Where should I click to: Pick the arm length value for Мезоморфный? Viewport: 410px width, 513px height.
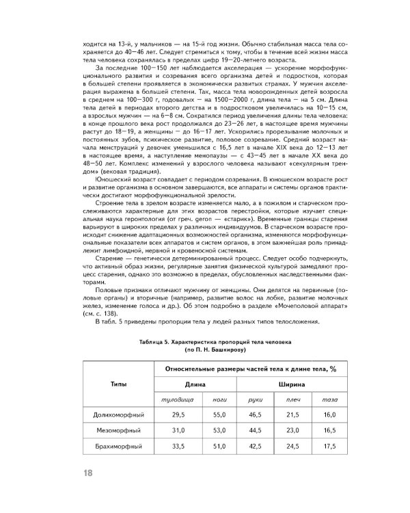click(x=256, y=431)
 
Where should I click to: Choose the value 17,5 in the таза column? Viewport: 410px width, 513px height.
click(x=329, y=447)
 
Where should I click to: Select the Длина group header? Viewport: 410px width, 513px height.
click(x=195, y=384)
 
